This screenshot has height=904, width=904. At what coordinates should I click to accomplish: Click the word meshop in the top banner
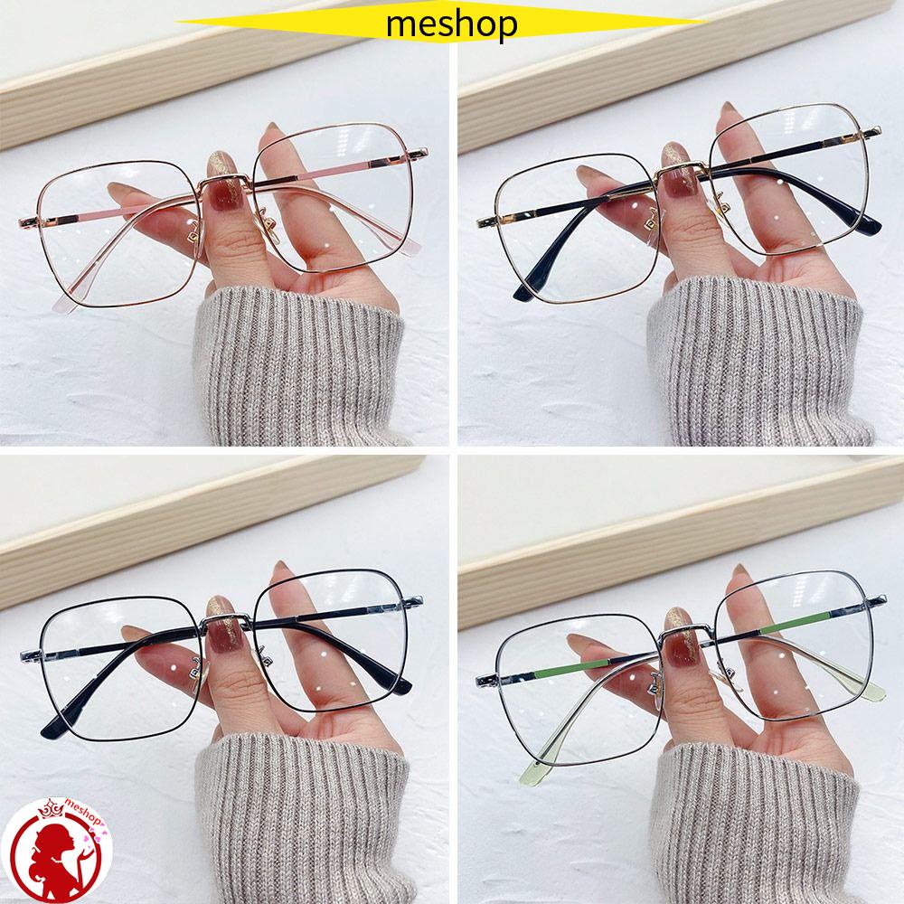click(x=451, y=24)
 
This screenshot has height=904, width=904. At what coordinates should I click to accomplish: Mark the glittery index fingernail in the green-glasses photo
click(x=679, y=619)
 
